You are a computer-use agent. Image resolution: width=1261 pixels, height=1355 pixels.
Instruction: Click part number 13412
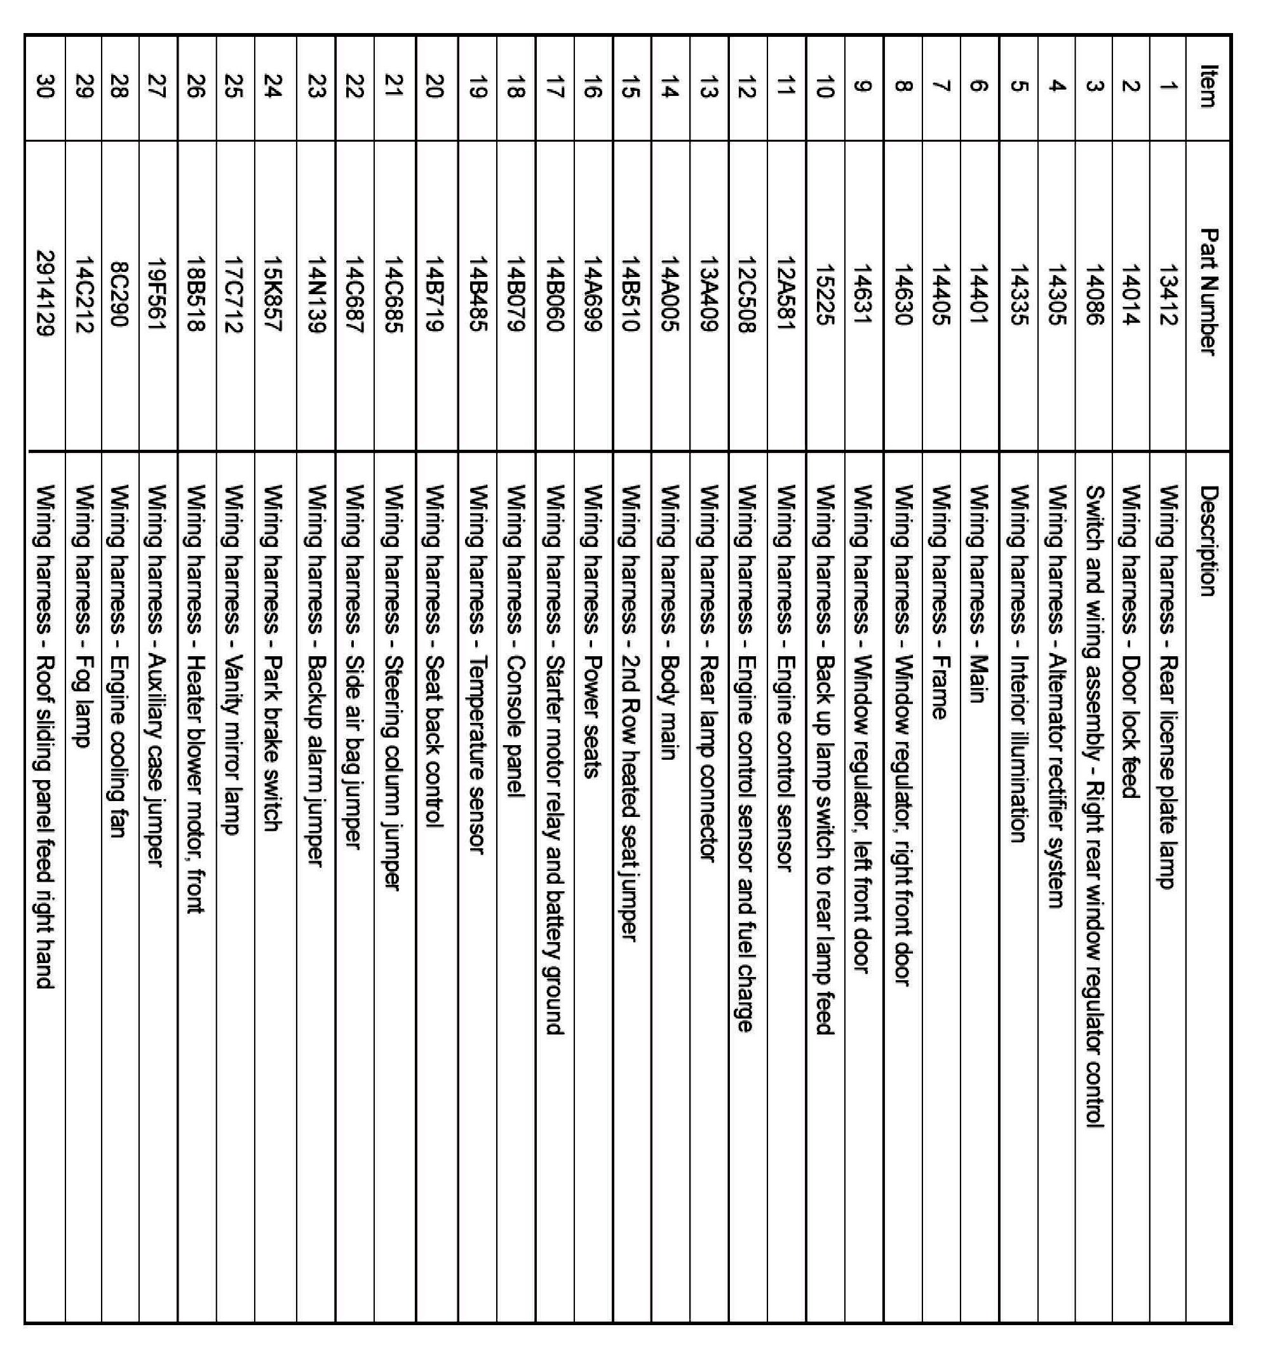1168,295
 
